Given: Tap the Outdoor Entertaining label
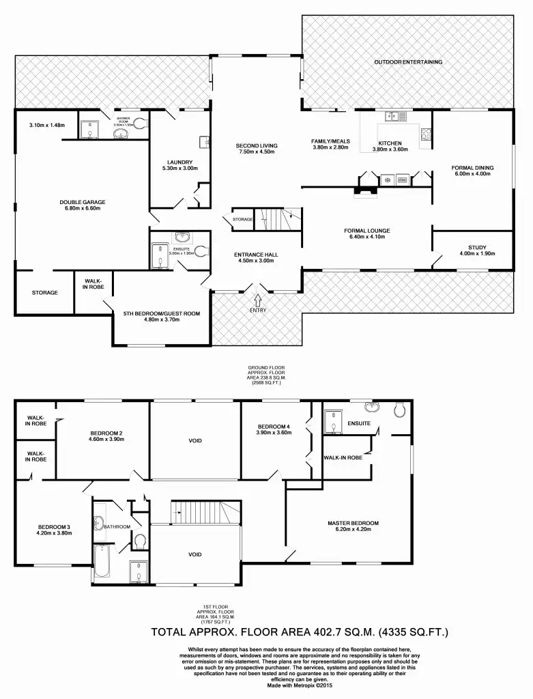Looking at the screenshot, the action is tap(408, 62).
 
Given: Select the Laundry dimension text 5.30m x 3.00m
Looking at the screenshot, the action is tap(179, 168).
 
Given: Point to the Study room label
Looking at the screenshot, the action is tap(477, 247).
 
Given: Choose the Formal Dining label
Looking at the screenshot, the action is tap(472, 168).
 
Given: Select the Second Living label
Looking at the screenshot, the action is tap(255, 145).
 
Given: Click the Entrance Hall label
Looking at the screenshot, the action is tap(256, 254).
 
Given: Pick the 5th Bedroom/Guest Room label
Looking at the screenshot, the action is tap(161, 313).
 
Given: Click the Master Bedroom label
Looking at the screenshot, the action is tap(353, 524).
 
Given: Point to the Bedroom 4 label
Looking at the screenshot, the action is tap(273, 427).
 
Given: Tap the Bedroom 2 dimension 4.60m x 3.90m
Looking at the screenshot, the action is tap(106, 440).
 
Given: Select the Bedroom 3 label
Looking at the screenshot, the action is tap(55, 527).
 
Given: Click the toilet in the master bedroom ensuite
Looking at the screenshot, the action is tap(400, 410).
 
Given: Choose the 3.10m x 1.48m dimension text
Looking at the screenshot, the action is tap(47, 125).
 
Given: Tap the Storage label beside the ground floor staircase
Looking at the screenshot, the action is tap(242, 219).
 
